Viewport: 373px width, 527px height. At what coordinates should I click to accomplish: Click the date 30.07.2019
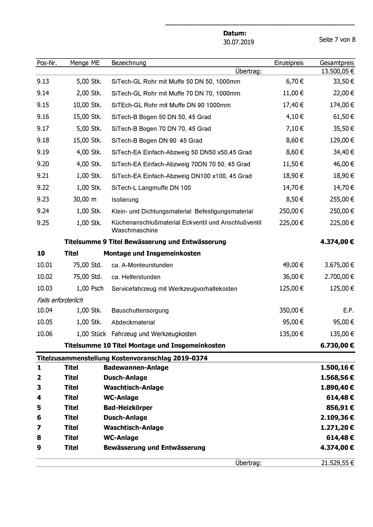(238, 42)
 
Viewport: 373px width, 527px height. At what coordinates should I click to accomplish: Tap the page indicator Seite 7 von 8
(337, 40)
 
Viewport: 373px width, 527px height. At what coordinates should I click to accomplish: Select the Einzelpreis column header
(289, 63)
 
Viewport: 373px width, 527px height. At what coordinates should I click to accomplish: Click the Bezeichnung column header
(129, 63)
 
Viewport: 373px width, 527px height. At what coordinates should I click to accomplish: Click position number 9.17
(43, 128)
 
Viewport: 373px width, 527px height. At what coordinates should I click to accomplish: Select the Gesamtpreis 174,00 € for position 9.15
(342, 105)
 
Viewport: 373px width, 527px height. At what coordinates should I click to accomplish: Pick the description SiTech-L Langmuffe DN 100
(151, 188)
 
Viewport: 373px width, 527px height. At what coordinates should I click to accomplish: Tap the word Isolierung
(125, 200)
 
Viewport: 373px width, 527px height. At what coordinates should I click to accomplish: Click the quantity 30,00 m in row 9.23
(85, 199)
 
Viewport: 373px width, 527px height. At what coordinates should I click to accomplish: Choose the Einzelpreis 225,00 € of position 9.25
(291, 223)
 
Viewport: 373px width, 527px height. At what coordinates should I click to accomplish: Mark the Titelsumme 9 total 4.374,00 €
(337, 242)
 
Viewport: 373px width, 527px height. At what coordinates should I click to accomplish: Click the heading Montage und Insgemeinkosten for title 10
(152, 253)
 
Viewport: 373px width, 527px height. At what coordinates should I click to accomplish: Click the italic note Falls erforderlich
(60, 300)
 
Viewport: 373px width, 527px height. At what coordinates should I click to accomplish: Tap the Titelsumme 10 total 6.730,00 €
(337, 345)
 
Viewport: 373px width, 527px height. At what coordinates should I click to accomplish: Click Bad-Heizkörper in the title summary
(128, 407)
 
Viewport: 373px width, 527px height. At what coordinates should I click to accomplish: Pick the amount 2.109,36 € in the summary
(337, 418)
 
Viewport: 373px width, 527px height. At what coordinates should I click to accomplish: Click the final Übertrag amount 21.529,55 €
(337, 463)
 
